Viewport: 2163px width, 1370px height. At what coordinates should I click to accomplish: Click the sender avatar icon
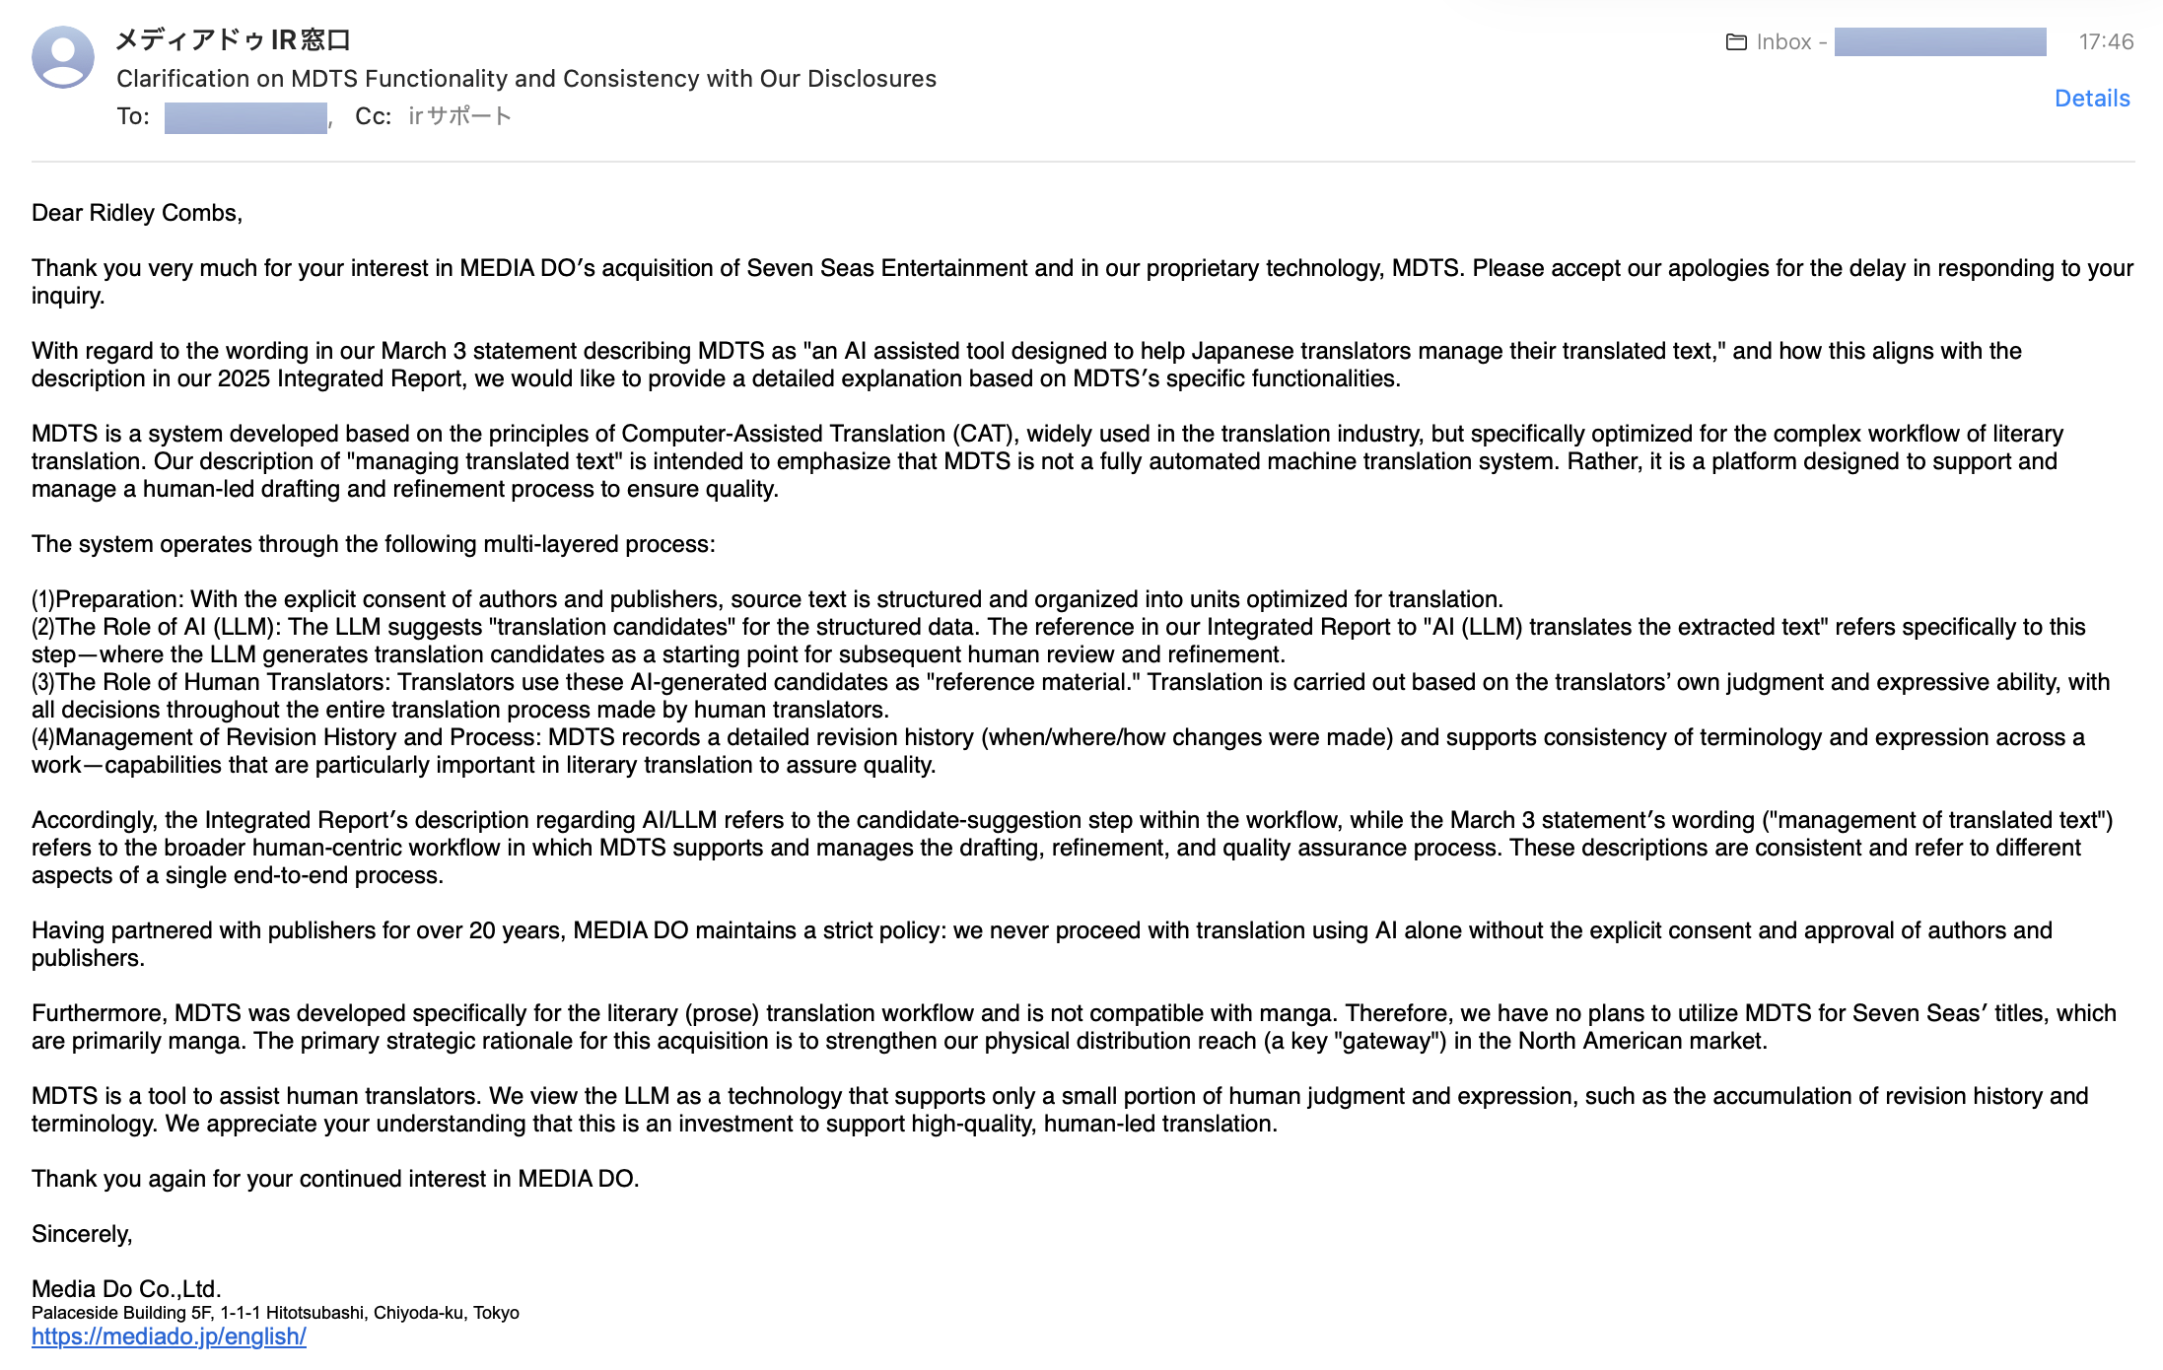(x=63, y=57)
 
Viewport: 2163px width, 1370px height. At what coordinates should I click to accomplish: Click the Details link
(x=2091, y=99)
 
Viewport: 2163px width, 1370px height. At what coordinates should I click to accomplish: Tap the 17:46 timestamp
(x=2106, y=41)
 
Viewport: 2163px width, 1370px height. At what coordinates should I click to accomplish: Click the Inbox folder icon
(x=1736, y=42)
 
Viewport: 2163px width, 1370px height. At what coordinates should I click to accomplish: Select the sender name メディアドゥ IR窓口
(x=233, y=40)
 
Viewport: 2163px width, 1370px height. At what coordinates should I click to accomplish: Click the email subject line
(x=525, y=79)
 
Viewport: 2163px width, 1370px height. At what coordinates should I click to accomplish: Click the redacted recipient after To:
(x=245, y=117)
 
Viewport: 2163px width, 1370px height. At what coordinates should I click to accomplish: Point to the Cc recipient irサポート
(x=459, y=116)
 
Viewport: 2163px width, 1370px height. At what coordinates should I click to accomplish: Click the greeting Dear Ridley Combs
(x=136, y=213)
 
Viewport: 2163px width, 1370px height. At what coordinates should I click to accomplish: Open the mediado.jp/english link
(x=169, y=1336)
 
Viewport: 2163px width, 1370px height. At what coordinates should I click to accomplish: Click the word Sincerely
(x=81, y=1234)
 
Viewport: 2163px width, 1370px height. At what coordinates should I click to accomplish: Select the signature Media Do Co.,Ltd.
(x=126, y=1288)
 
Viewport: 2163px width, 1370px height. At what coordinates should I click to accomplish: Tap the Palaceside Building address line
(x=275, y=1313)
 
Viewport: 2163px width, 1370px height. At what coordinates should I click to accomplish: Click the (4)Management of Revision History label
(x=286, y=737)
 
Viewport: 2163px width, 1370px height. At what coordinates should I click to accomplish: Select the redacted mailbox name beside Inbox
(x=1939, y=42)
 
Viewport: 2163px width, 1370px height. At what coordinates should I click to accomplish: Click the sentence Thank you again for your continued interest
(x=335, y=1179)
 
